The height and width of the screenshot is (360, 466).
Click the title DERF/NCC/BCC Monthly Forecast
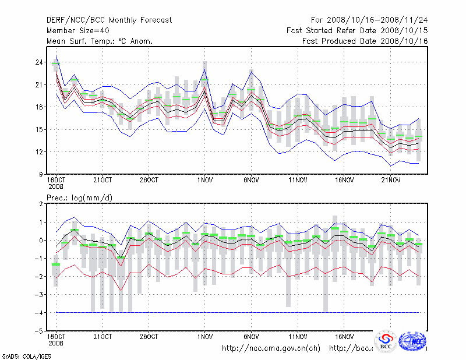point(109,20)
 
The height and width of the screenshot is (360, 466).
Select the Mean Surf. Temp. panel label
point(100,41)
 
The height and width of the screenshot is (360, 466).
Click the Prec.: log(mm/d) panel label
point(79,198)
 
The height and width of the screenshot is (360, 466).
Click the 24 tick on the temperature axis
point(39,62)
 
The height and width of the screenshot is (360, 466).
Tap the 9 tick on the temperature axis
point(41,174)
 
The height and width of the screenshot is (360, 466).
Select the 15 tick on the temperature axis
point(39,129)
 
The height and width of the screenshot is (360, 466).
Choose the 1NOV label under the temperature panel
point(204,180)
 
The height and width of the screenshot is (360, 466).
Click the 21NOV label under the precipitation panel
point(391,337)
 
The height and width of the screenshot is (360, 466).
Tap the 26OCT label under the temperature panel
point(149,180)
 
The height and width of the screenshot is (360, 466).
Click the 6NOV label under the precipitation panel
point(251,337)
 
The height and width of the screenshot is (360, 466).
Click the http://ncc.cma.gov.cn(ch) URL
point(271,348)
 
